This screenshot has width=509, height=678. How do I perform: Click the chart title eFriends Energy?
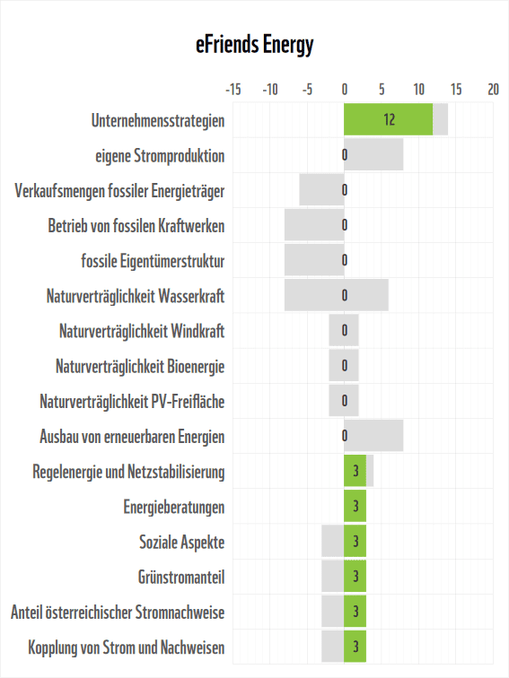(255, 45)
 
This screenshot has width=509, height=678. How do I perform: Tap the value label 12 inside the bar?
(389, 120)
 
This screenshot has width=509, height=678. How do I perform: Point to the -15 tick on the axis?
(233, 90)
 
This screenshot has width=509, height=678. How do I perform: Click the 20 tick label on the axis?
(493, 90)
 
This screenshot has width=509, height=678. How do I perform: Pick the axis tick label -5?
(307, 90)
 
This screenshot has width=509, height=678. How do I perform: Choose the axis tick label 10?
(418, 90)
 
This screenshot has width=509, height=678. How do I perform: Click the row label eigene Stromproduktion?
(160, 155)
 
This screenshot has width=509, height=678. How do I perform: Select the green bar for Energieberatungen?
(355, 507)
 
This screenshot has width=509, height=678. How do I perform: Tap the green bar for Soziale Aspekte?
(355, 542)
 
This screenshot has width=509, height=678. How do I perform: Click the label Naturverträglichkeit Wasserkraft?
(136, 296)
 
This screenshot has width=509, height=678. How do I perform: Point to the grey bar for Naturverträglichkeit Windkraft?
(344, 331)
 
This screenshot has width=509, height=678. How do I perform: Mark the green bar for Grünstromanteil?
(355, 577)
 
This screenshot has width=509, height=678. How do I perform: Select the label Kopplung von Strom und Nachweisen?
(127, 647)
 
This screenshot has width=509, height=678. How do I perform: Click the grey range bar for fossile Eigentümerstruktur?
(314, 260)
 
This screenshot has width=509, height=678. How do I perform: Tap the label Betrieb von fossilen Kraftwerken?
(136, 225)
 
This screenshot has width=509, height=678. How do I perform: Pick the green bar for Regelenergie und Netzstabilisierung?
(355, 472)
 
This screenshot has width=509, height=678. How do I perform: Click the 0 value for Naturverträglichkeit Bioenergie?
(345, 366)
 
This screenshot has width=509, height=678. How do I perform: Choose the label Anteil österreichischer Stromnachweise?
(118, 612)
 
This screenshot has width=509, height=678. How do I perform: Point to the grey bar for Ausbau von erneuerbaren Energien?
(377, 436)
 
